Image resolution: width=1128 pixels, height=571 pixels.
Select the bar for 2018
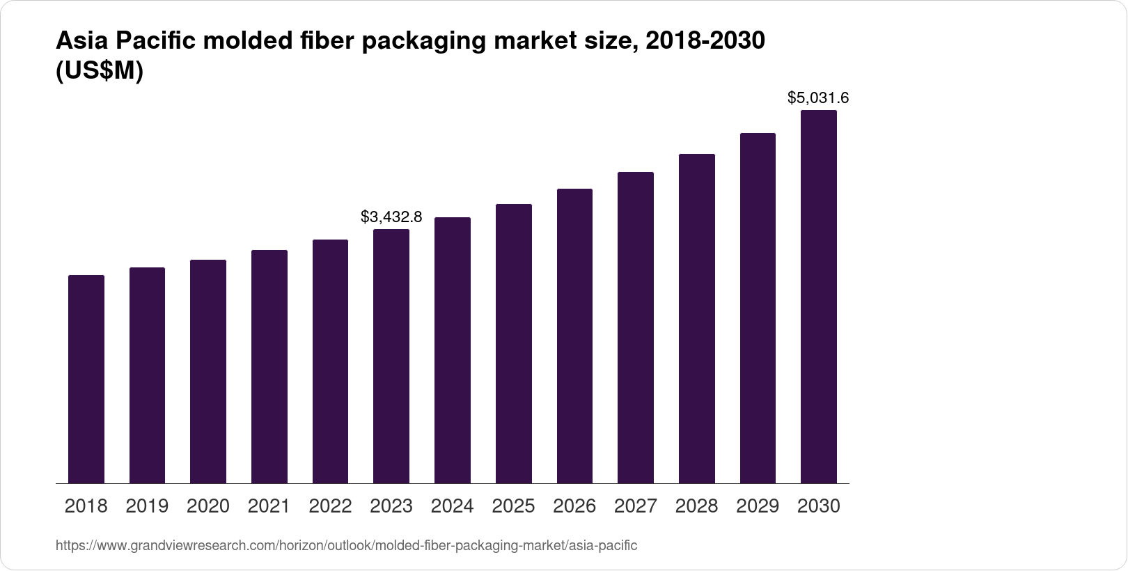86,380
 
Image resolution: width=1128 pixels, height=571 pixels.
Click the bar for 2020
208,372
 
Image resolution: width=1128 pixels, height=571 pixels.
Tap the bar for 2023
391,357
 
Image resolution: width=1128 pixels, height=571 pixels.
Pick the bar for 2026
574,336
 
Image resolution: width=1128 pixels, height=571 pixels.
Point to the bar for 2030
819,297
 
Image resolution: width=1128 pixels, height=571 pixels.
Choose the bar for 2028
696,319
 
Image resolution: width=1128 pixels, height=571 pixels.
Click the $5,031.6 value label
818,98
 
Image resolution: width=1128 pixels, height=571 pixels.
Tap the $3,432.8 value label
391,217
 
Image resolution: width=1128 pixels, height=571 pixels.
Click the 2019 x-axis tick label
147,506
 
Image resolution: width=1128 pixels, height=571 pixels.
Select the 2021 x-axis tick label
269,506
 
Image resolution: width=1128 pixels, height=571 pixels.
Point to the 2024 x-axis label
452,506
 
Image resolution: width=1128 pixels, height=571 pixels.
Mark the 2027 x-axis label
636,506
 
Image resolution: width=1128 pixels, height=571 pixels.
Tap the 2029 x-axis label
758,506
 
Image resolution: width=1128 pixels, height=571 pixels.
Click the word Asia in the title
82,41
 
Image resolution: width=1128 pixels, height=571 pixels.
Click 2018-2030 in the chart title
705,41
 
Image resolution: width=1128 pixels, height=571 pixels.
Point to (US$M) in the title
99,71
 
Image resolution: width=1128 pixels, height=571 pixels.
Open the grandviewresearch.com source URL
346,546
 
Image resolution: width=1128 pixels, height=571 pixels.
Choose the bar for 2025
513,344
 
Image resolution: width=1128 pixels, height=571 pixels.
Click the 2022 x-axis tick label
330,506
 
